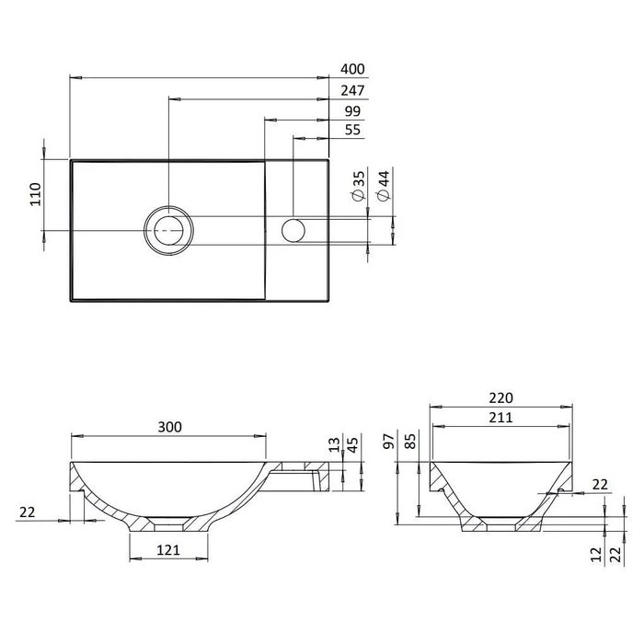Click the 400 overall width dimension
pos(352,69)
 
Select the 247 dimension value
pos(352,90)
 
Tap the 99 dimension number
pos(352,111)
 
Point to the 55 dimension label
pos(352,130)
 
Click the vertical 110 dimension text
pos(36,194)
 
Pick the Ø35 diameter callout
pos(359,186)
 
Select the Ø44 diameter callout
pos(384,186)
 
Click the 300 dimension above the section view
pos(169,427)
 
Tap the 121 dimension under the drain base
pos(168,550)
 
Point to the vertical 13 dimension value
pos(335,444)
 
